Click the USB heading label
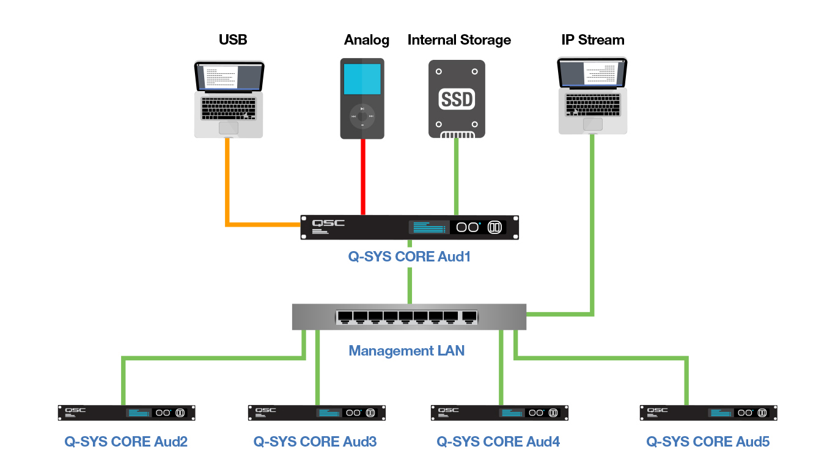[x=232, y=40]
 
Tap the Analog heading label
[x=366, y=40]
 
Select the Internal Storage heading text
[x=459, y=40]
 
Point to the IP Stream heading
[x=592, y=40]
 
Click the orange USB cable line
[x=228, y=183]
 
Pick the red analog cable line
[x=363, y=177]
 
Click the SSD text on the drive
[x=457, y=100]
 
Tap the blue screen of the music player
[x=362, y=79]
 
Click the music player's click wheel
[x=362, y=116]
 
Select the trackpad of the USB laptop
[x=229, y=127]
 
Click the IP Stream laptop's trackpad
[x=592, y=124]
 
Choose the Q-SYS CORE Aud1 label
[x=409, y=257]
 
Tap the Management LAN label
[x=406, y=351]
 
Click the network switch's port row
[x=406, y=316]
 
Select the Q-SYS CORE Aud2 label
[x=126, y=442]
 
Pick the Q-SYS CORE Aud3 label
[x=315, y=442]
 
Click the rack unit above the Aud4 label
[x=499, y=412]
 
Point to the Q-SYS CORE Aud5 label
[x=708, y=442]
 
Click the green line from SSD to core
[x=455, y=177]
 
